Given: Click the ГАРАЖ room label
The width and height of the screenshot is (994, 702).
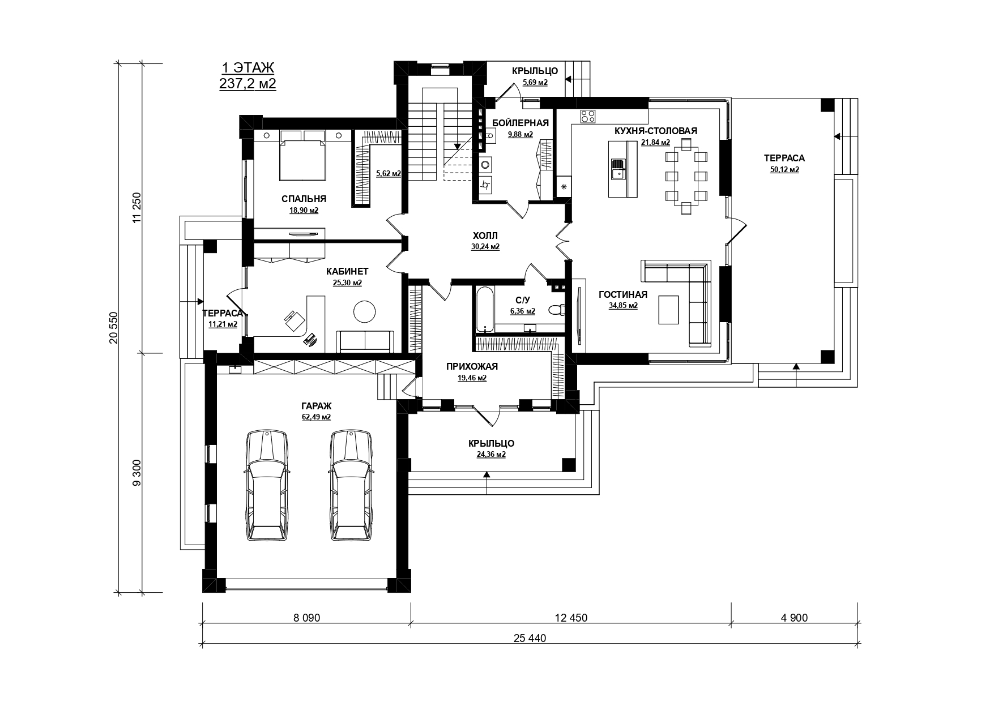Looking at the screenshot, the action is [316, 406].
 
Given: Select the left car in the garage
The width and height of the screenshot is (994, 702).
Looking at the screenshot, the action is [266, 486].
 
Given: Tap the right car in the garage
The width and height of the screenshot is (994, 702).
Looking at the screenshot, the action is [351, 486].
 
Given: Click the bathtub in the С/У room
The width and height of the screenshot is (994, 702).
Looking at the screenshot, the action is [484, 310].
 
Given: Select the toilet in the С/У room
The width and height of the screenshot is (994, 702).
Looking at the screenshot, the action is [556, 310].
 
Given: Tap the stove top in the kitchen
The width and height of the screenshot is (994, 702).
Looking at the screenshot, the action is [588, 115].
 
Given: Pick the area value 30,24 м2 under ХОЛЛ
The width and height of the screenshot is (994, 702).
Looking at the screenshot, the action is [485, 247].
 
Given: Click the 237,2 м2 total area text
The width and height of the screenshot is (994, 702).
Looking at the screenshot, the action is [248, 84].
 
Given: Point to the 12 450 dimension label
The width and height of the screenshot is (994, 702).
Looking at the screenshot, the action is [571, 618].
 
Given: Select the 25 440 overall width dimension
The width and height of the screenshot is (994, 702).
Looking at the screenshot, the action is [530, 638].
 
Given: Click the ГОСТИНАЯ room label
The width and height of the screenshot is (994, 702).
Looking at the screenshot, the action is [623, 294].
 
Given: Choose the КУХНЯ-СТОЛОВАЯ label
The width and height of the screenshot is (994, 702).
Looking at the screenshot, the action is [656, 131].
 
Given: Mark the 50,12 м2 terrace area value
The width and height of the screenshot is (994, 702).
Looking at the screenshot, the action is [784, 169].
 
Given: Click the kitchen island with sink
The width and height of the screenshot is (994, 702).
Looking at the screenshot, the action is [622, 169].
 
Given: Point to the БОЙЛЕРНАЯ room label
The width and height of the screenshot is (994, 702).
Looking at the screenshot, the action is [521, 123].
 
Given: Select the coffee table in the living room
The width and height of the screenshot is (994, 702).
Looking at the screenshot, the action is [669, 309].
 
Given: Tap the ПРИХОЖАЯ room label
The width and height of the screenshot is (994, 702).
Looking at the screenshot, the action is [472, 367].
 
